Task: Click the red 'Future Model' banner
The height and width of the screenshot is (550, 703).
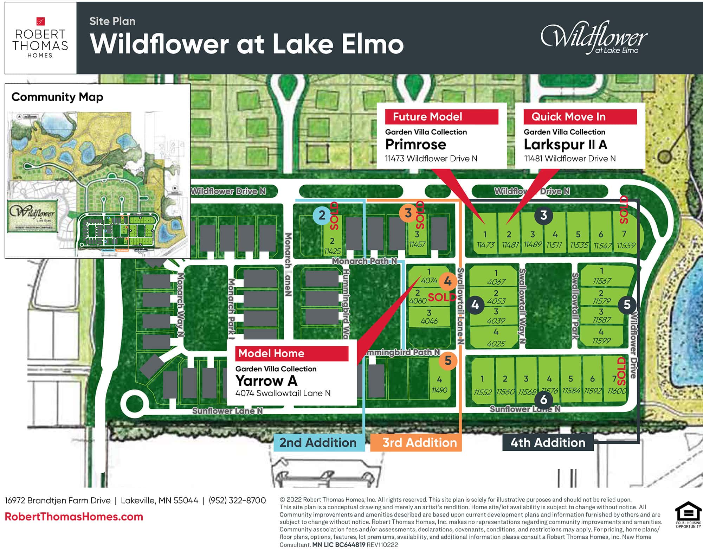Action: pos(441,117)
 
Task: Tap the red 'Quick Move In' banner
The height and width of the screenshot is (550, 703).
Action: pos(580,117)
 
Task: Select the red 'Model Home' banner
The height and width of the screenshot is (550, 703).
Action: pos(292,353)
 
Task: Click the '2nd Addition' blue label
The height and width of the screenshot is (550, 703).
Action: pos(318,442)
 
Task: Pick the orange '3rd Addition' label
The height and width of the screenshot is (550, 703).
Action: pos(419,442)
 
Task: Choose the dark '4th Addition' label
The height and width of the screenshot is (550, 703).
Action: pos(548,442)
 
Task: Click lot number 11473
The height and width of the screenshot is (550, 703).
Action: pos(485,245)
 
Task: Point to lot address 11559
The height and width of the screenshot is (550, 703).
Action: pos(626,245)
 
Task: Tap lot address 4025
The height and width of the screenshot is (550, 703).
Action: pos(496,344)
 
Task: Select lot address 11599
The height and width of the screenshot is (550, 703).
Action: pos(601,340)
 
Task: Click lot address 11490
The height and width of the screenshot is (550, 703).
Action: pos(439,390)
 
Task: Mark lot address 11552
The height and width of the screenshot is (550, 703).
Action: pos(482,392)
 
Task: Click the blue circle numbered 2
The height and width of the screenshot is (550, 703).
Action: pos(322,215)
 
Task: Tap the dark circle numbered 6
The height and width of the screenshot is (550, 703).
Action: pos(543,399)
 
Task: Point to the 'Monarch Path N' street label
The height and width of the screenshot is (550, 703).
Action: pos(364,261)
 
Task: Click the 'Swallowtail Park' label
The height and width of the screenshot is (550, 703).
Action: pos(575,306)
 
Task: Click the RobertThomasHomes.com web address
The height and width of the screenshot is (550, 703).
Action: pos(74,517)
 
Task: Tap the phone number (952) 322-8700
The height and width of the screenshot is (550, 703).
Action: pos(237,500)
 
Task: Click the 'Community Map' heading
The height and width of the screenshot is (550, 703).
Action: pos(57,97)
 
